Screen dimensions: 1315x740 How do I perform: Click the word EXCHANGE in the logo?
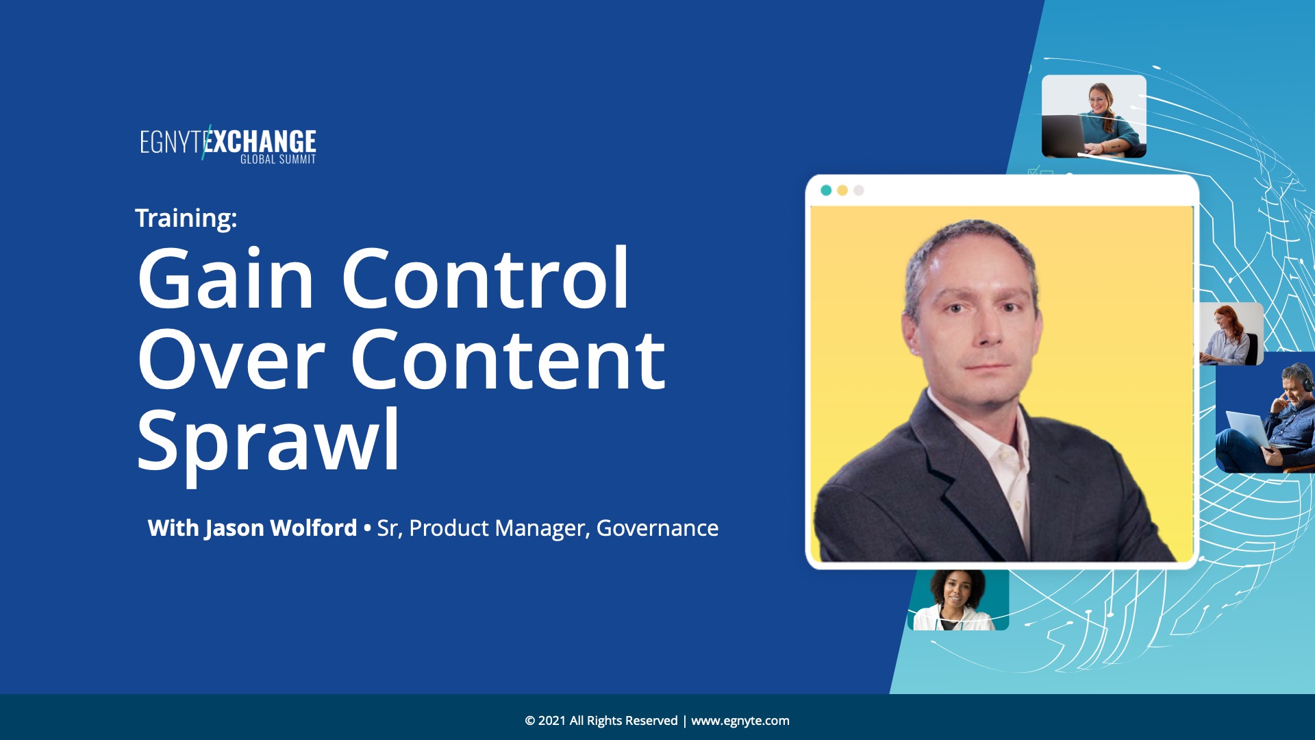pyautogui.click(x=261, y=141)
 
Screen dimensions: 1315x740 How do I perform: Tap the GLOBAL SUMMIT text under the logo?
pyautogui.click(x=278, y=160)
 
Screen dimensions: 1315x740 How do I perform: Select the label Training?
pyautogui.click(x=186, y=218)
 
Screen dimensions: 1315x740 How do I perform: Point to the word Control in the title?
pyautogui.click(x=485, y=277)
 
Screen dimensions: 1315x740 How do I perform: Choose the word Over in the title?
pyautogui.click(x=231, y=360)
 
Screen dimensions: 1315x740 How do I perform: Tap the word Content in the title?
pyautogui.click(x=508, y=360)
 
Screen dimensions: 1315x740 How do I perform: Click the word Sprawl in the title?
pyautogui.click(x=268, y=442)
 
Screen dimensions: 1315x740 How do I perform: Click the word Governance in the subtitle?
pyautogui.click(x=657, y=528)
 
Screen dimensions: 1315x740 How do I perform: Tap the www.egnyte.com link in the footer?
pyautogui.click(x=740, y=721)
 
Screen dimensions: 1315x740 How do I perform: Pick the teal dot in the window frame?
pyautogui.click(x=826, y=190)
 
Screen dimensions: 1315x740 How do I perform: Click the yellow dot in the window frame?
pyautogui.click(x=842, y=190)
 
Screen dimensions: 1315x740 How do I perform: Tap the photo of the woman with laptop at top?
pyautogui.click(x=1094, y=116)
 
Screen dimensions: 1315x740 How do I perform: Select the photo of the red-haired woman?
pyautogui.click(x=1231, y=334)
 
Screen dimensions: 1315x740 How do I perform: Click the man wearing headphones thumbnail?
pyautogui.click(x=1266, y=412)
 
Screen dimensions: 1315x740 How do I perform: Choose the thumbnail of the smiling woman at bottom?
pyautogui.click(x=958, y=600)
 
